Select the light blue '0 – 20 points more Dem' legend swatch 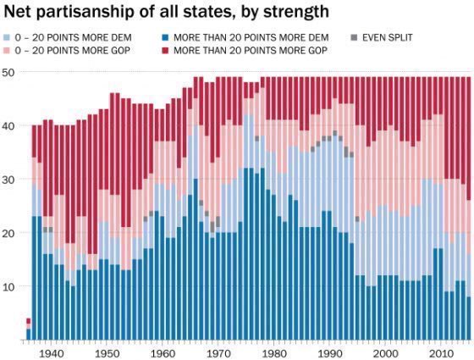[x=8, y=38]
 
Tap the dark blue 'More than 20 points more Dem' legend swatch [x=165, y=38]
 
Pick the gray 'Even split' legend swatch [x=354, y=38]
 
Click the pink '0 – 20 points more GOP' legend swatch [x=8, y=50]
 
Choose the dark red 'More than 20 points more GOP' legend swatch [x=165, y=50]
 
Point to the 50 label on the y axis [x=8, y=72]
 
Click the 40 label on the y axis [x=8, y=125]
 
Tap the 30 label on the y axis [x=8, y=180]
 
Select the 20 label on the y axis [x=8, y=233]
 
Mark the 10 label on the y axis [x=8, y=286]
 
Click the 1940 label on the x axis [x=51, y=354]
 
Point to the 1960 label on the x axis [x=162, y=354]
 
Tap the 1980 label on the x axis [x=273, y=354]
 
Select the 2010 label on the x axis [x=441, y=354]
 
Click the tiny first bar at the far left [x=29, y=329]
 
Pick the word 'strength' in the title [x=296, y=12]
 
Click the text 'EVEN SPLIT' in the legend [x=388, y=38]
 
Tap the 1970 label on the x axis [x=218, y=354]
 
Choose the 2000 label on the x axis [x=385, y=354]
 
